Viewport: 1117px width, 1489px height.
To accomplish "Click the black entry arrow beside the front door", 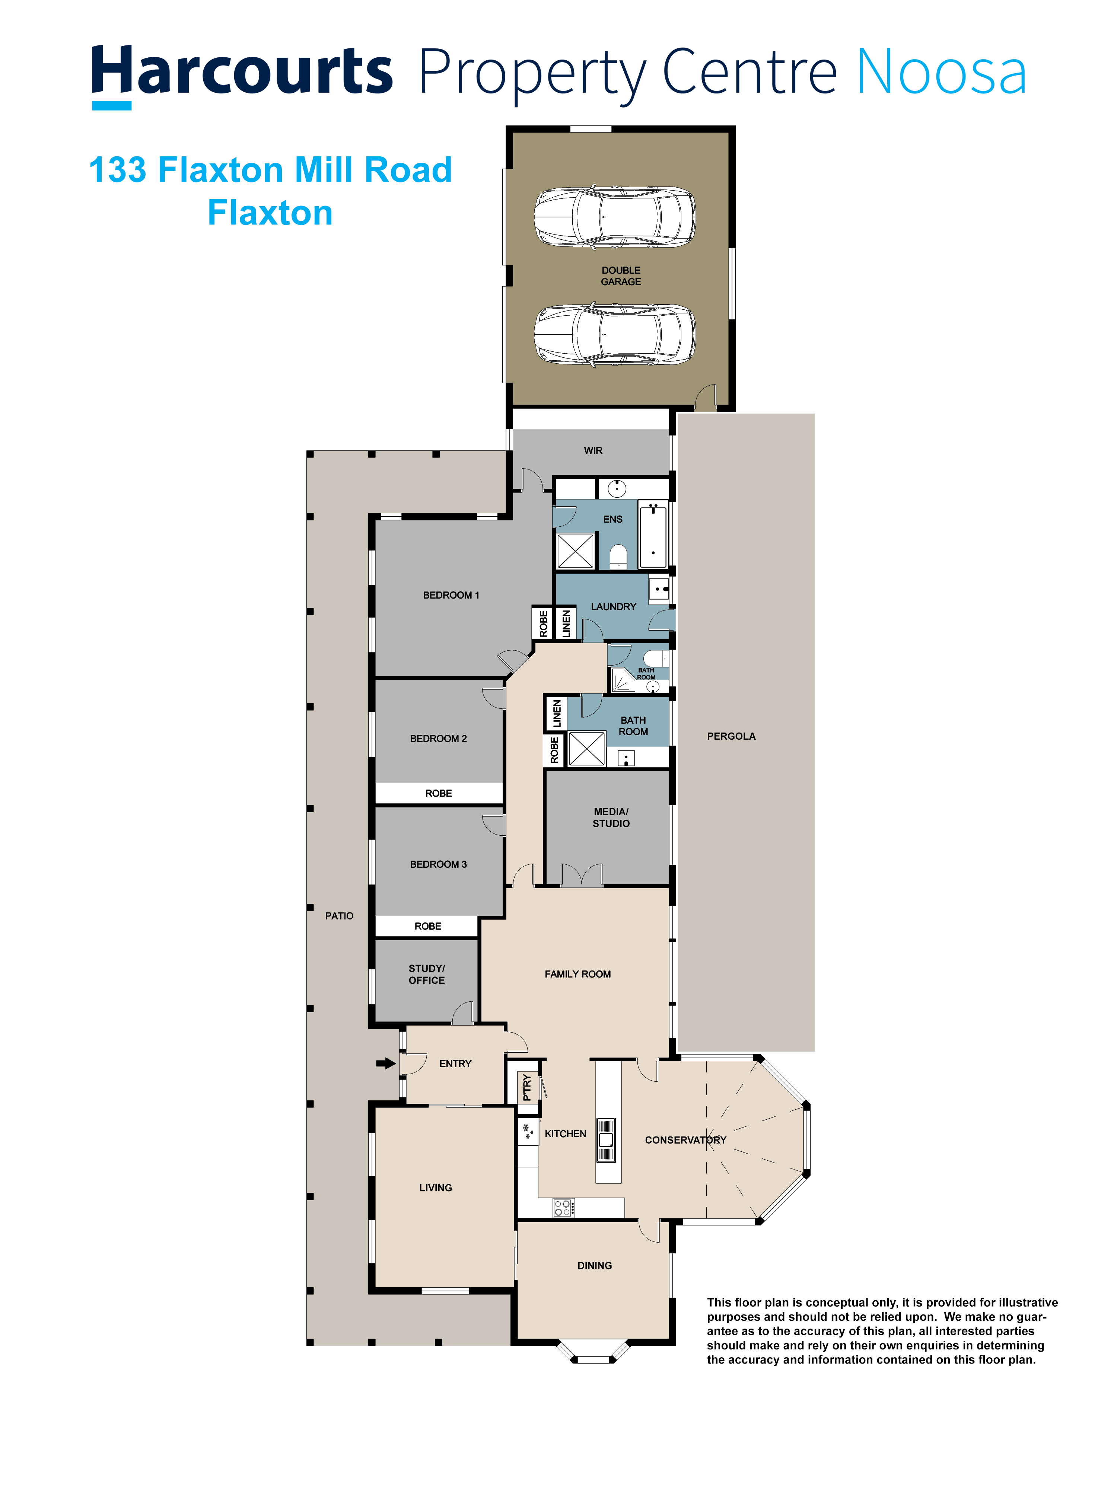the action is [385, 1064].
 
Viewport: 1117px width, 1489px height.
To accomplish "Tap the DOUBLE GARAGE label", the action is [621, 276].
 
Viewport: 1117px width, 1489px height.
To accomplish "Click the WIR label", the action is [593, 450].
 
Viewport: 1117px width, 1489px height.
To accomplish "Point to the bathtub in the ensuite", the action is [652, 535].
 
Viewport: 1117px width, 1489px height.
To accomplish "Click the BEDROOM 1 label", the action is [451, 595].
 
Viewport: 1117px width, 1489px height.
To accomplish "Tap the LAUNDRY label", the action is [613, 606].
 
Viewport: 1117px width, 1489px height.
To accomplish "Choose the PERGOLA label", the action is [731, 736].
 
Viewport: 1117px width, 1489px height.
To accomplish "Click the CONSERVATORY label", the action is [685, 1139].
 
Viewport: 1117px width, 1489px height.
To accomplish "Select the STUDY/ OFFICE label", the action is [427, 974].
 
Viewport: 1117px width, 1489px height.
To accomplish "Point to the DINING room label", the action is [595, 1266].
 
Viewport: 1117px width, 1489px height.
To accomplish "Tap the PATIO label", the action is [339, 916].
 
